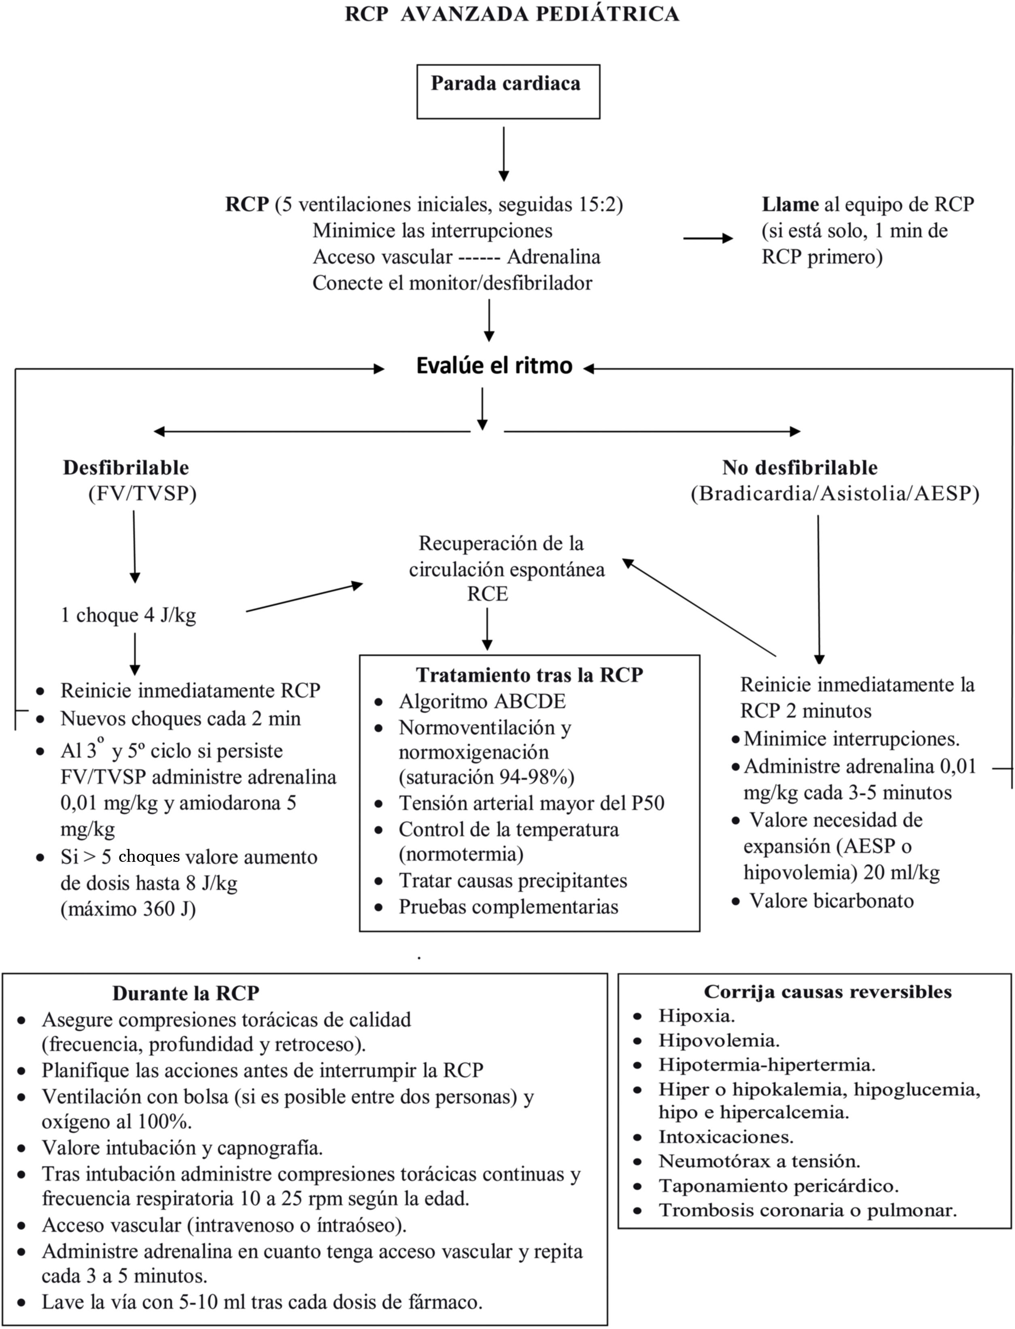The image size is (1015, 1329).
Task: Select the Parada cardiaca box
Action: point(507,91)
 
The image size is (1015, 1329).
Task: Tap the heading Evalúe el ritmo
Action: point(494,366)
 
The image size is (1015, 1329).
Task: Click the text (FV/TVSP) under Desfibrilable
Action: point(142,494)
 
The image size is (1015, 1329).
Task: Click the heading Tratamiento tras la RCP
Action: point(529,674)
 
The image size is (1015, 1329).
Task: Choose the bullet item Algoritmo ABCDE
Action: point(482,701)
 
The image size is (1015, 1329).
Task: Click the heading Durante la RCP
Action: point(185,993)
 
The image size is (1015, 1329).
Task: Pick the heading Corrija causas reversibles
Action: point(827,992)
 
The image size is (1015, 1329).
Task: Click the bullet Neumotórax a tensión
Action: point(759,1161)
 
